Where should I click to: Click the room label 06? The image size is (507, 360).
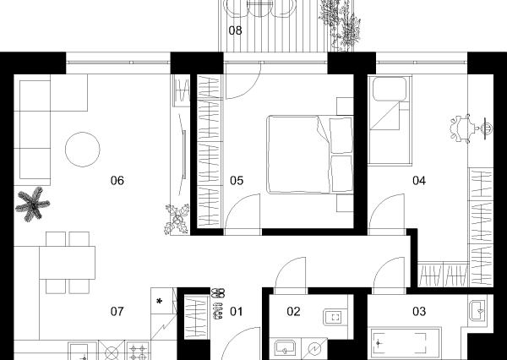coord(117,181)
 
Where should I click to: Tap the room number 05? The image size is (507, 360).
coord(237,181)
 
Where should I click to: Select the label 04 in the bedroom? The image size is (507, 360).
coord(419,181)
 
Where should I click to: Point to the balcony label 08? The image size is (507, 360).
coord(235,30)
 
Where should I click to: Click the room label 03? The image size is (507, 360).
coord(419,312)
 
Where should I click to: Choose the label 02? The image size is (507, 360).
coord(293,312)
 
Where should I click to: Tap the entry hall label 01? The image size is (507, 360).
coord(236,312)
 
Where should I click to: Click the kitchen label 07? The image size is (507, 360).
coord(117,312)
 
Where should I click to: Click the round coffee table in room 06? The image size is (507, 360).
coord(83,150)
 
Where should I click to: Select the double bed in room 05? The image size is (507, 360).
coord(310,155)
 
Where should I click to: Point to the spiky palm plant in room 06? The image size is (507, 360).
coord(32,205)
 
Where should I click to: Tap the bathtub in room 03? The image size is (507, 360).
coord(406,343)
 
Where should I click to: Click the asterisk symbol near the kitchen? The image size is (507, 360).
coord(159,302)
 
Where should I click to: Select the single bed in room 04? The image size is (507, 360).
coord(390,120)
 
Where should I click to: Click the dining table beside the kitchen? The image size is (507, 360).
coord(68,263)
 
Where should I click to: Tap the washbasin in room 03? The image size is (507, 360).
coord(477,310)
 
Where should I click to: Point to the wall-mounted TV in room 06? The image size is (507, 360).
coord(183,155)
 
